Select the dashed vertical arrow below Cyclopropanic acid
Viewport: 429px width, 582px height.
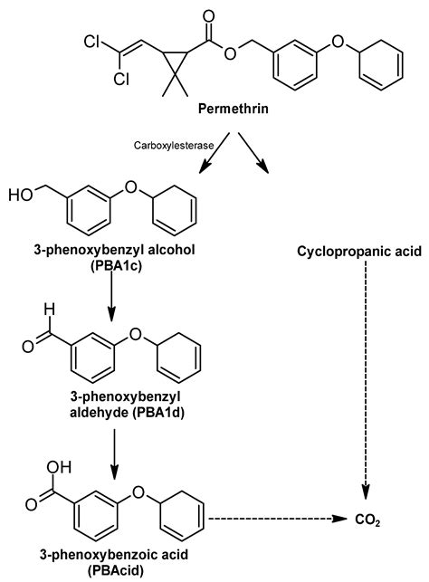(365, 380)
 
